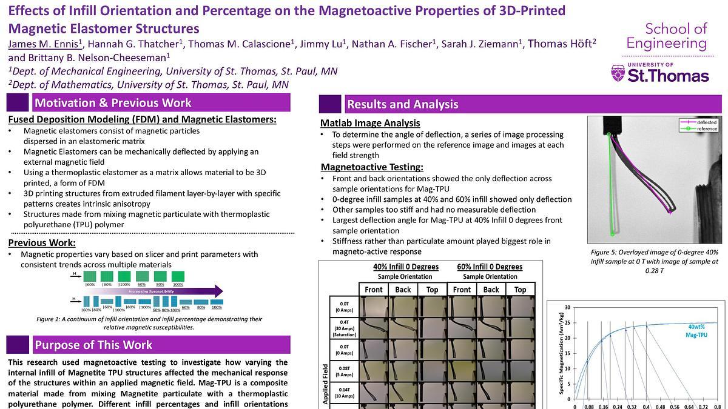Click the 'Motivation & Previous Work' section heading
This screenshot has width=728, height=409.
coord(112,102)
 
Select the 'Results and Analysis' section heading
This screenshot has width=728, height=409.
coord(402,104)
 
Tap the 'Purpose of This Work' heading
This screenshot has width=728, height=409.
coord(93,345)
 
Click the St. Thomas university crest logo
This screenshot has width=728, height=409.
coord(618,74)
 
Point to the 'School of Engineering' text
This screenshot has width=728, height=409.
coord(667,36)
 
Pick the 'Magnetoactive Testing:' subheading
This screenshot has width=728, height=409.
coord(371,167)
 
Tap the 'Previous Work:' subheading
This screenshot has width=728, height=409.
coord(42,243)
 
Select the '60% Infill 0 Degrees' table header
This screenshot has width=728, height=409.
coord(490,267)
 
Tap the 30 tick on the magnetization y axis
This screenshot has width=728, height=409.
coord(567,307)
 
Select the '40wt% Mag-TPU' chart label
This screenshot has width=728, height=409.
coord(695,330)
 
